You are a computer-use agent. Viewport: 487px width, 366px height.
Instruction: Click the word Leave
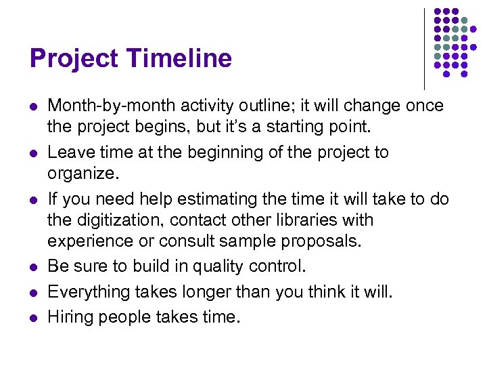(70, 152)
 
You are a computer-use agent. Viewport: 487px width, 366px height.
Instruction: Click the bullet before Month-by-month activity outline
(32, 107)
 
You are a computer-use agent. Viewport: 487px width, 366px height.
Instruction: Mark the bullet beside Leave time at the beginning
(32, 153)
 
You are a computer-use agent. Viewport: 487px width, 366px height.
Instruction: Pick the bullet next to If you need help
(32, 199)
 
